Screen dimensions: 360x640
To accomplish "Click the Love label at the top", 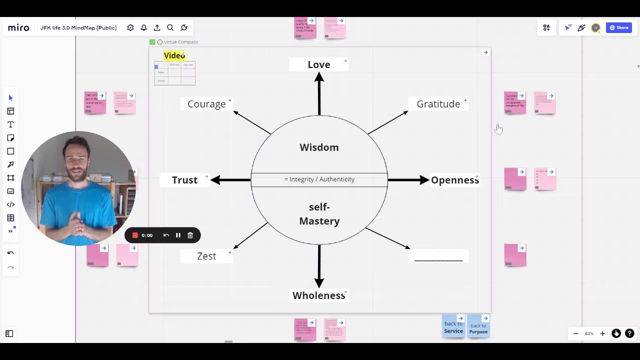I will pyautogui.click(x=318, y=64).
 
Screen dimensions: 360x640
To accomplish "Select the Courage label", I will pyautogui.click(x=206, y=104).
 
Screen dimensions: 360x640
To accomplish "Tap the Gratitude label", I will pyautogui.click(x=438, y=104).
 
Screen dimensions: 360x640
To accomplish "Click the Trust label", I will pyautogui.click(x=184, y=180).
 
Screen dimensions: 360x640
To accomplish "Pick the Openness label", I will pyautogui.click(x=454, y=180).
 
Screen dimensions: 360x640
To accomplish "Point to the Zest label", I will pyautogui.click(x=206, y=256).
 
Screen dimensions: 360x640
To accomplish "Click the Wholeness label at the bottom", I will pyautogui.click(x=318, y=295).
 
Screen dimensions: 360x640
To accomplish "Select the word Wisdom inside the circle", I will pyautogui.click(x=319, y=147).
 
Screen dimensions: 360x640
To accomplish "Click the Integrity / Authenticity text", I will pyautogui.click(x=319, y=179).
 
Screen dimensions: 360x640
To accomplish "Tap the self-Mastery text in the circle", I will pyautogui.click(x=319, y=214).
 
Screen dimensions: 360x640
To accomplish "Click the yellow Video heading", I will pyautogui.click(x=174, y=55).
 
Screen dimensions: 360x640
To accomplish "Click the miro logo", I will pyautogui.click(x=18, y=28).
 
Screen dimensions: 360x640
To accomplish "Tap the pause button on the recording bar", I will pyautogui.click(x=178, y=235).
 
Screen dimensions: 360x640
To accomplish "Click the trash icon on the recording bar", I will pyautogui.click(x=190, y=235).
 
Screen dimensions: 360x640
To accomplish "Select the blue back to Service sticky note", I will pyautogui.click(x=453, y=327).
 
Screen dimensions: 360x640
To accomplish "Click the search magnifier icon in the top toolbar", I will pyautogui.click(x=170, y=28).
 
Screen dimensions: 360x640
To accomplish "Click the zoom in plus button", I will pyautogui.click(x=602, y=333).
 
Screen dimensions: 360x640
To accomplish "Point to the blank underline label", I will pyautogui.click(x=438, y=257).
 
